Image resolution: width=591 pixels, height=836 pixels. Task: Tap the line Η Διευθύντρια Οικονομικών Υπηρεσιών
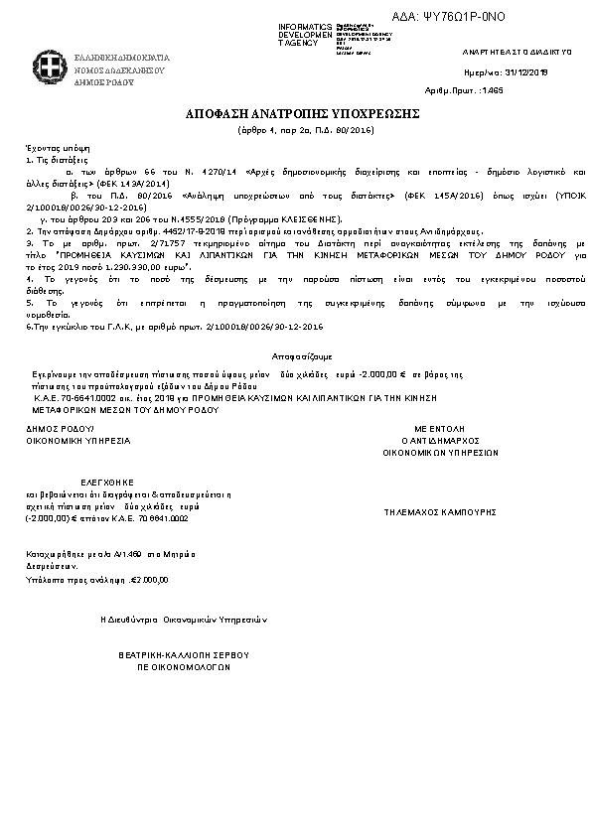coord(185,619)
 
